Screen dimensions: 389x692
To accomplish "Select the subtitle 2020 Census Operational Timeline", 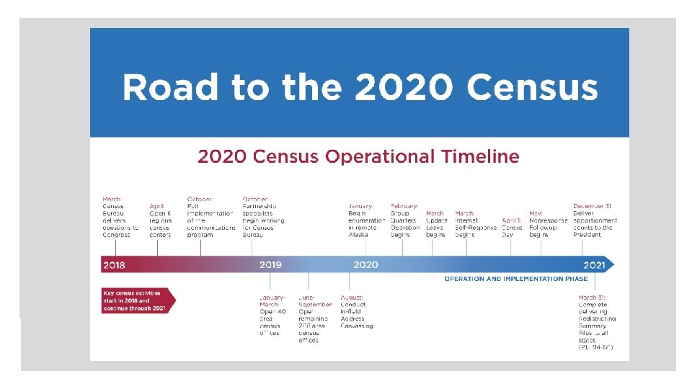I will pos(358,156).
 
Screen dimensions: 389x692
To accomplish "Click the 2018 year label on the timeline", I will pos(114,265).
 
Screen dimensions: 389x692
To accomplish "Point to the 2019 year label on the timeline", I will pos(270,265).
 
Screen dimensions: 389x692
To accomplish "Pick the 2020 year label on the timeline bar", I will pos(365,265).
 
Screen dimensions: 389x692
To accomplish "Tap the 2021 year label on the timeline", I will pos(594,265).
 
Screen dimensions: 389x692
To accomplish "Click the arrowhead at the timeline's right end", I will pos(611,264).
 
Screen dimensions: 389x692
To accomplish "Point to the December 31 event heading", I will pos(593,205).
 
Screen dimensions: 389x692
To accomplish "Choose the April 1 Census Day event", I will pos(512,223).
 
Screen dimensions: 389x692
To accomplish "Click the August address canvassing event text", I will pos(357,311).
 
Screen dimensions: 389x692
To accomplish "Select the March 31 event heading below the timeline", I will pos(591,297).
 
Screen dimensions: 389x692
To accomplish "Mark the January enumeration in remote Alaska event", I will pos(368,220).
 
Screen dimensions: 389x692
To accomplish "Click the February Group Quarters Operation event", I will pos(405,220).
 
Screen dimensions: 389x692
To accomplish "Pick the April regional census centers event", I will pos(160,220).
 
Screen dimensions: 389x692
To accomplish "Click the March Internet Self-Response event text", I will pos(475,223).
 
